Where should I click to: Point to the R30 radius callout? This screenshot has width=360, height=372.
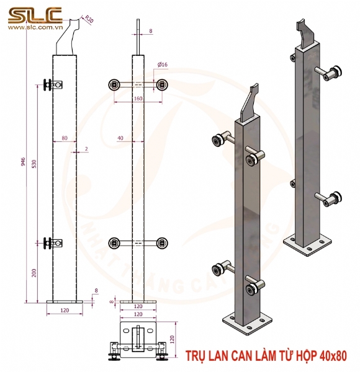pos(88,19)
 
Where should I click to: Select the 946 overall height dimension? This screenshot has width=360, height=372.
pos(24,162)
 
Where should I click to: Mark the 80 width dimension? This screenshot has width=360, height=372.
pos(65,137)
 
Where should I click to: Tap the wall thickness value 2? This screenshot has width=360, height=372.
pos(86,149)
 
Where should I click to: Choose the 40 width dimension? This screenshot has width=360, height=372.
pos(120,137)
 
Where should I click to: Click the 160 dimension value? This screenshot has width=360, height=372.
pos(137,98)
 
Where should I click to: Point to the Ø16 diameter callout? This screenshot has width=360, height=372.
pos(163,64)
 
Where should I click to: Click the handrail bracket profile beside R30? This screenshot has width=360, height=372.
pos(70,36)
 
